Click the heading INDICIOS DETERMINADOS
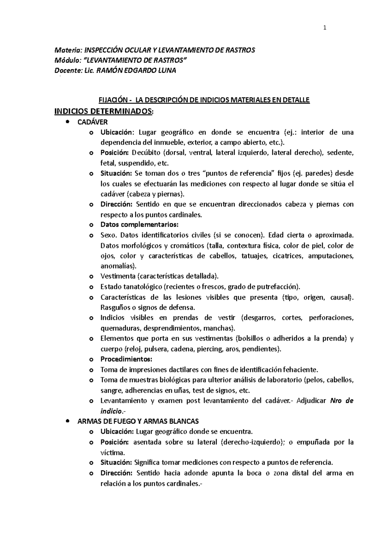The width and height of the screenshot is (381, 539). [104, 111]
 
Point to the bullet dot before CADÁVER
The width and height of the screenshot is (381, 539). [67, 122]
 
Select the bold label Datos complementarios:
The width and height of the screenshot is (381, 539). [140, 225]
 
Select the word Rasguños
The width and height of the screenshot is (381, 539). [115, 308]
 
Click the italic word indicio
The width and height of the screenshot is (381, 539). [111, 411]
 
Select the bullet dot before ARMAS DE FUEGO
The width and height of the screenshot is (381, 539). [67, 421]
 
